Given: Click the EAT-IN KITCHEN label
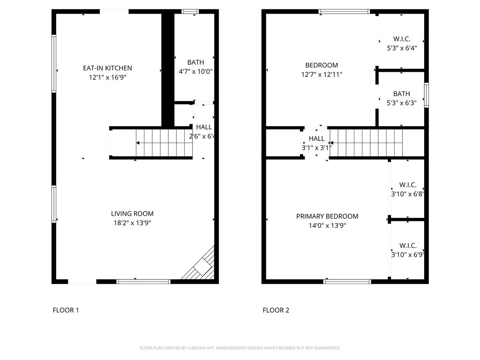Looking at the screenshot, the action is [107, 68].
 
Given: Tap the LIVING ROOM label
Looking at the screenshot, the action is [132, 214].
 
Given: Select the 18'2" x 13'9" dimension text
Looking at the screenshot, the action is [132, 223].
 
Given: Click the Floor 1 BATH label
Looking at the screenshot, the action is [195, 62].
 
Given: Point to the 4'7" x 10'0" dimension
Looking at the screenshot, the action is [195, 72].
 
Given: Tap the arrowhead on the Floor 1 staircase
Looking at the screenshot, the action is [138, 142].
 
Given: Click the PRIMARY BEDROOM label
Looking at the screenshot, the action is [327, 217].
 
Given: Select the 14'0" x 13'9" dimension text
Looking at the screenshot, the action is [327, 225].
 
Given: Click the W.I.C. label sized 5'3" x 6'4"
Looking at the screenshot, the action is [402, 39].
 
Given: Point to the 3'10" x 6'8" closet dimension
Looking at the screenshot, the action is [407, 194].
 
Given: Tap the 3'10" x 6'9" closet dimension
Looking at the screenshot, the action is [407, 255].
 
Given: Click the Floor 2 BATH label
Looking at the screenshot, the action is [402, 94].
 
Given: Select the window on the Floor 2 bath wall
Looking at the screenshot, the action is [427, 95].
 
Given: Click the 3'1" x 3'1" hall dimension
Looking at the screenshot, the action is [316, 148].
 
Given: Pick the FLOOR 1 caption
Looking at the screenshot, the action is [66, 310].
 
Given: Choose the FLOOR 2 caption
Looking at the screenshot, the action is [276, 310].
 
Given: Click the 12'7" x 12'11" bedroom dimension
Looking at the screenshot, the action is [322, 75].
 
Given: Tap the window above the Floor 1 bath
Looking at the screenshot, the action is [190, 12].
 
